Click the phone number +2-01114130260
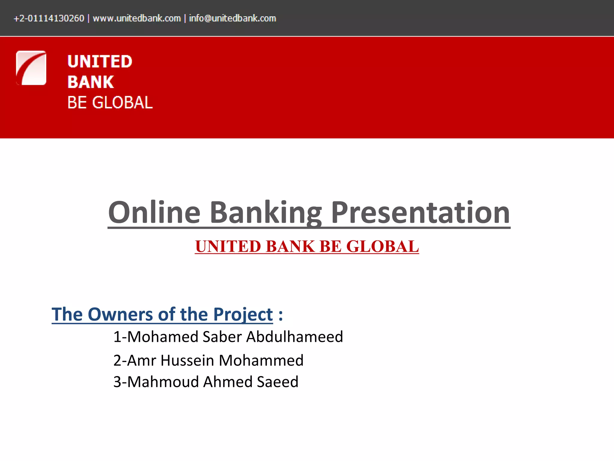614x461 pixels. (49, 18)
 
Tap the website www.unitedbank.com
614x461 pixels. (137, 18)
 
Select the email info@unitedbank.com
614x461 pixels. (232, 18)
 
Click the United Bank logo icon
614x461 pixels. (31, 68)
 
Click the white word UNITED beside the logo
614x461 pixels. (100, 62)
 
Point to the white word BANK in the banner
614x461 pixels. (91, 82)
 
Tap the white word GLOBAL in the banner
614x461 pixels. (122, 103)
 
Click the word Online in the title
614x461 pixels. (154, 212)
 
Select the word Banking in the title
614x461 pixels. (266, 212)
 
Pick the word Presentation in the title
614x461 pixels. (420, 212)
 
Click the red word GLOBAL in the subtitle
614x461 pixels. (383, 246)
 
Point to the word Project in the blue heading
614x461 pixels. (243, 314)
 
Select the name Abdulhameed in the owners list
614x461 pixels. (295, 337)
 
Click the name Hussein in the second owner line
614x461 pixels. (187, 360)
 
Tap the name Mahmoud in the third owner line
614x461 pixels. (163, 382)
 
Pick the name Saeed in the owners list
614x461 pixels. (278, 382)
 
